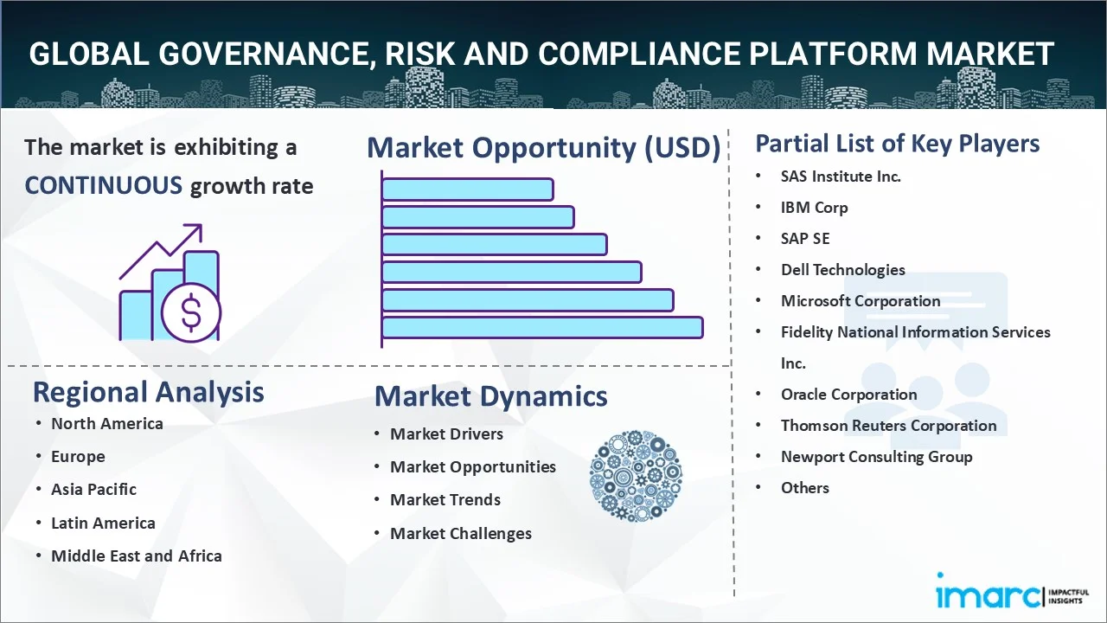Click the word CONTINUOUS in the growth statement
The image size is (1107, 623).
tap(104, 185)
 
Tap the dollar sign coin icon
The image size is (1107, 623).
tap(191, 313)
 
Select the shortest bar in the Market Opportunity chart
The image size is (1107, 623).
tap(468, 189)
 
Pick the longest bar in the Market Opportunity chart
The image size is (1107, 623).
tap(542, 328)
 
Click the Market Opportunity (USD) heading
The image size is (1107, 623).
tap(544, 147)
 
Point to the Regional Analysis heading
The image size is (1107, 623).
tap(148, 392)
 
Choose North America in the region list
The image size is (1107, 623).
tap(107, 424)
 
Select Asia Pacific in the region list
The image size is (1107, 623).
tap(94, 490)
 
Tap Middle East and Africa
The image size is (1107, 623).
tap(137, 556)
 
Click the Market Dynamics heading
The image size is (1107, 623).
tap(490, 396)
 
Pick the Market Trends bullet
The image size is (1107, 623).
tap(445, 500)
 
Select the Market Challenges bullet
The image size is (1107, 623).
tap(461, 534)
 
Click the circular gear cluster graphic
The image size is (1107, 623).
tap(636, 476)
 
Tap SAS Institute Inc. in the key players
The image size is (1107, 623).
tap(841, 177)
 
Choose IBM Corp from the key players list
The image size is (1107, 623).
tap(815, 208)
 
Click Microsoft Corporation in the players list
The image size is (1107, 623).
tap(861, 300)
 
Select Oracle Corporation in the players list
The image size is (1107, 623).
tap(849, 395)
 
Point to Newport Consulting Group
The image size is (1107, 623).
tap(877, 457)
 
